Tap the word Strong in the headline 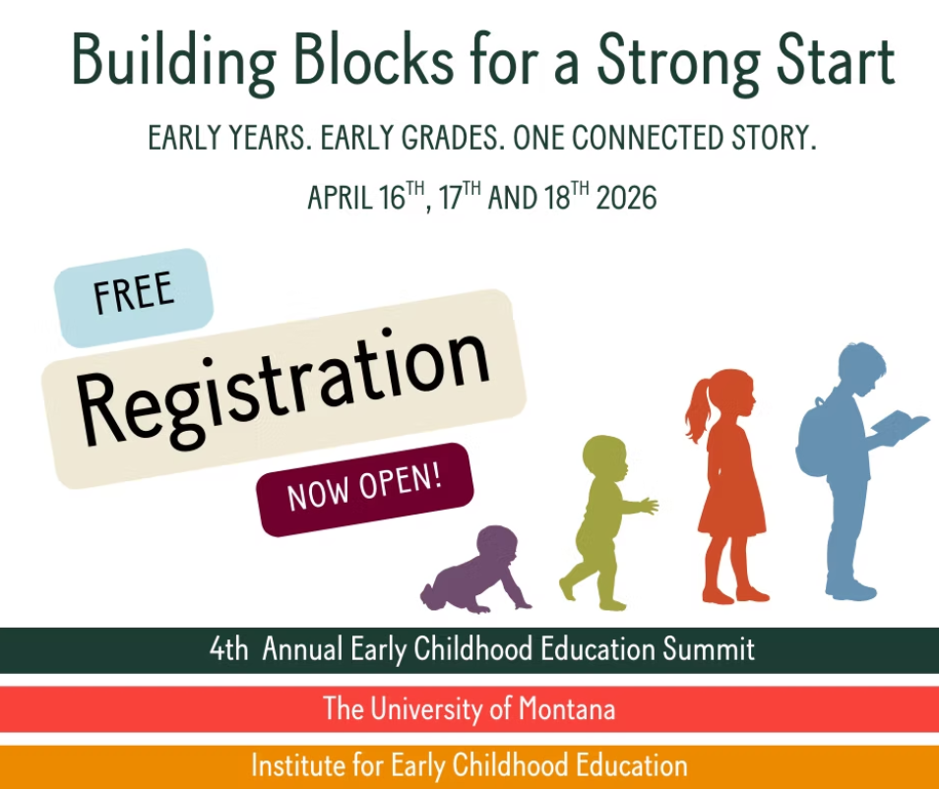676,61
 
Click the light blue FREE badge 134,294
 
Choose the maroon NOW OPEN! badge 364,489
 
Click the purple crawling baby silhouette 477,572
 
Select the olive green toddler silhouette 600,521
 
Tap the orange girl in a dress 730,482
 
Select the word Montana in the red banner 568,708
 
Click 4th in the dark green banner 229,650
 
